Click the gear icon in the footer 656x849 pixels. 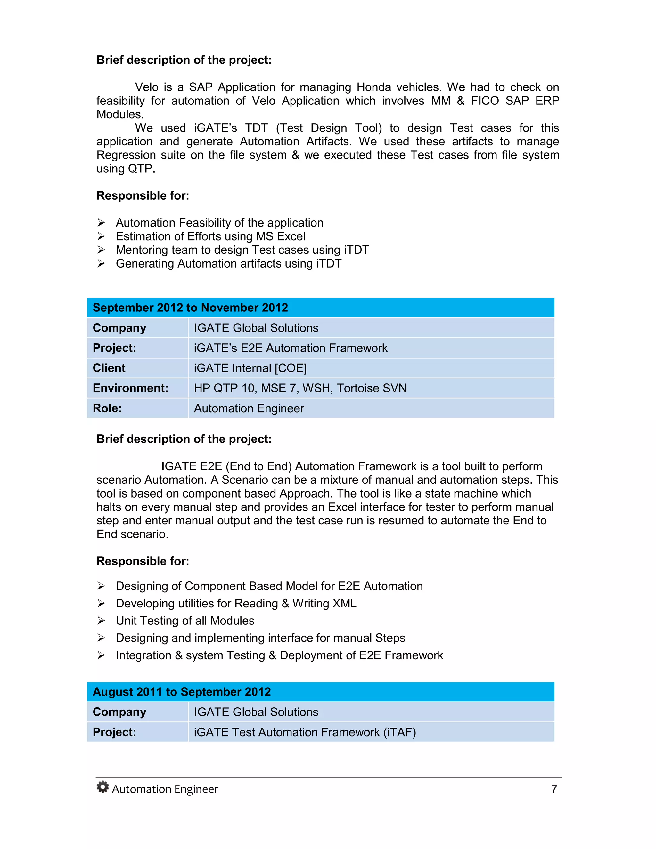(102, 787)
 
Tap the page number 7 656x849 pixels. (554, 789)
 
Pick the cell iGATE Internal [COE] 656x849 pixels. (250, 368)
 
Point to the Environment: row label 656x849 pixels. (130, 388)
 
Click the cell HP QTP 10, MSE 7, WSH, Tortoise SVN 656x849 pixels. (300, 388)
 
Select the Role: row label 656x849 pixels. (107, 408)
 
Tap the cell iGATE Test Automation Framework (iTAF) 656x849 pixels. (305, 732)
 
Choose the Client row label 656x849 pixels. (109, 368)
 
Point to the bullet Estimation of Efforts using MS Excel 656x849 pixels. (210, 236)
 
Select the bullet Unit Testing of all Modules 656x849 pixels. (185, 621)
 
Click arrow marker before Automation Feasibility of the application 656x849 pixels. (101, 223)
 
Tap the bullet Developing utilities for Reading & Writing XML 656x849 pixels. (236, 603)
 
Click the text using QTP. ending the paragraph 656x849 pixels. (126, 169)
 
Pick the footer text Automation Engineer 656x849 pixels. (165, 789)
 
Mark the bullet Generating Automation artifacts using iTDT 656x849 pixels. (228, 264)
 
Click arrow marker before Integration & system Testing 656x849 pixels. (101, 655)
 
